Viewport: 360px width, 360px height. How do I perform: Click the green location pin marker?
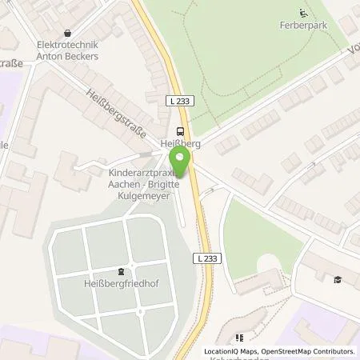click(x=179, y=163)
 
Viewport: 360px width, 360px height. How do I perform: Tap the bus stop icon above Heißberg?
click(x=180, y=131)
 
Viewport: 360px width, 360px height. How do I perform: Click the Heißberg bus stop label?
click(x=180, y=145)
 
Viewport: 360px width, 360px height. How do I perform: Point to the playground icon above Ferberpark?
click(x=302, y=12)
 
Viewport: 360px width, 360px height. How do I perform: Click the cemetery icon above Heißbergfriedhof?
click(x=121, y=270)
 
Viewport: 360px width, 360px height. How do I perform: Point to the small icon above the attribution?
click(x=238, y=338)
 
